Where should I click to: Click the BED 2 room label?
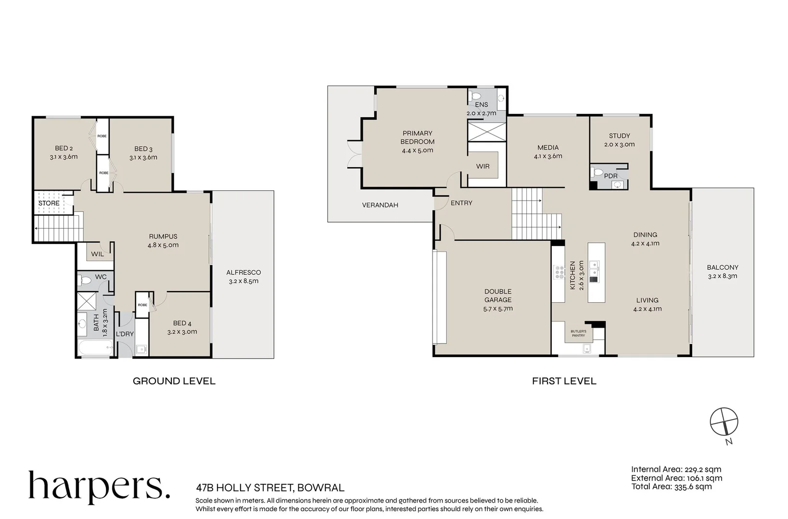[x=64, y=152]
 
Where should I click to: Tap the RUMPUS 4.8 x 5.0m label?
[x=163, y=241]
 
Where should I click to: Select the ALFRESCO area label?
[x=243, y=276]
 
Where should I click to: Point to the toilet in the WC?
[x=85, y=280]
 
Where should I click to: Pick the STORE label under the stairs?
[x=49, y=203]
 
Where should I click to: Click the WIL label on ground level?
[x=98, y=254]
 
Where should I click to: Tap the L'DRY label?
[x=125, y=334]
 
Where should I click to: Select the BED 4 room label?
[x=182, y=327]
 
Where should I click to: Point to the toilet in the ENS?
[x=475, y=96]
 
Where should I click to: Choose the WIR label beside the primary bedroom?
[x=483, y=166]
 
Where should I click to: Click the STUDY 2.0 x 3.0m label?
[x=620, y=140]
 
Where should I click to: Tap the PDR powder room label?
[x=610, y=176]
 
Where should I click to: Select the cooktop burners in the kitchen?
[x=559, y=272]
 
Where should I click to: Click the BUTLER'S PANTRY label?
[x=578, y=333]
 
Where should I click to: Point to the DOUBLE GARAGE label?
[x=498, y=300]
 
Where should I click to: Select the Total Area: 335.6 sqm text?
[x=671, y=487]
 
